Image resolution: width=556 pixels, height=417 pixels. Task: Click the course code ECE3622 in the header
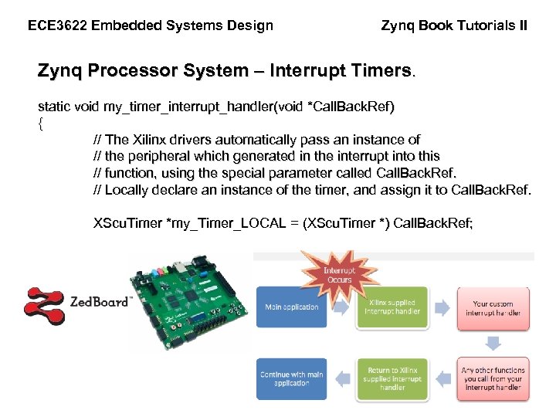56,25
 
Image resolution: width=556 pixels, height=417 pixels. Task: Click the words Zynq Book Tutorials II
454,25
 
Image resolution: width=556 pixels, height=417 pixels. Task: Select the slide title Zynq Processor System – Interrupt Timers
225,71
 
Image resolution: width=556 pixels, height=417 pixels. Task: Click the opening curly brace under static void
41,124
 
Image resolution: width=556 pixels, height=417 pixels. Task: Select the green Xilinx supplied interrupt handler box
392,307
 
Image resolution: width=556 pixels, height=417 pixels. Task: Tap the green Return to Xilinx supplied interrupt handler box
392,378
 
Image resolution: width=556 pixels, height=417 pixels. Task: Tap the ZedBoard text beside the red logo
100,303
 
